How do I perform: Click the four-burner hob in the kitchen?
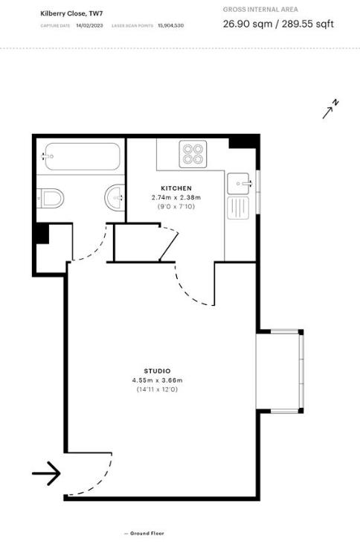[x=193, y=154]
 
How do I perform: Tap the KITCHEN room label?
[x=176, y=188]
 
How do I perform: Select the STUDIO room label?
[x=158, y=371]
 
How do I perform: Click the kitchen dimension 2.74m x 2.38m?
[x=176, y=197]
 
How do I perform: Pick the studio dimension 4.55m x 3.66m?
[x=158, y=380]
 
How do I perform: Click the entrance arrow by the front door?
[x=46, y=473]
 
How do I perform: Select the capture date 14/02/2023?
[x=89, y=25]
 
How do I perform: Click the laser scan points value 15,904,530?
[x=170, y=25]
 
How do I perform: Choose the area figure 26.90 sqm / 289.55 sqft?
[x=278, y=24]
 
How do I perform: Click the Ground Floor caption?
[x=146, y=533]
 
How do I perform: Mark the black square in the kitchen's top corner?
[x=240, y=142]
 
